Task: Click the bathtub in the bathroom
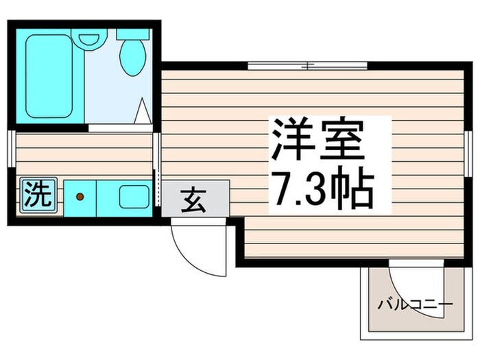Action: click(50, 75)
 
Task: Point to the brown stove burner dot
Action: click(80, 197)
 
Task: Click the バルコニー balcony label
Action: click(415, 304)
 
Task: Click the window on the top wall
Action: click(307, 67)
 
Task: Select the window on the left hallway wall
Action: click(12, 147)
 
